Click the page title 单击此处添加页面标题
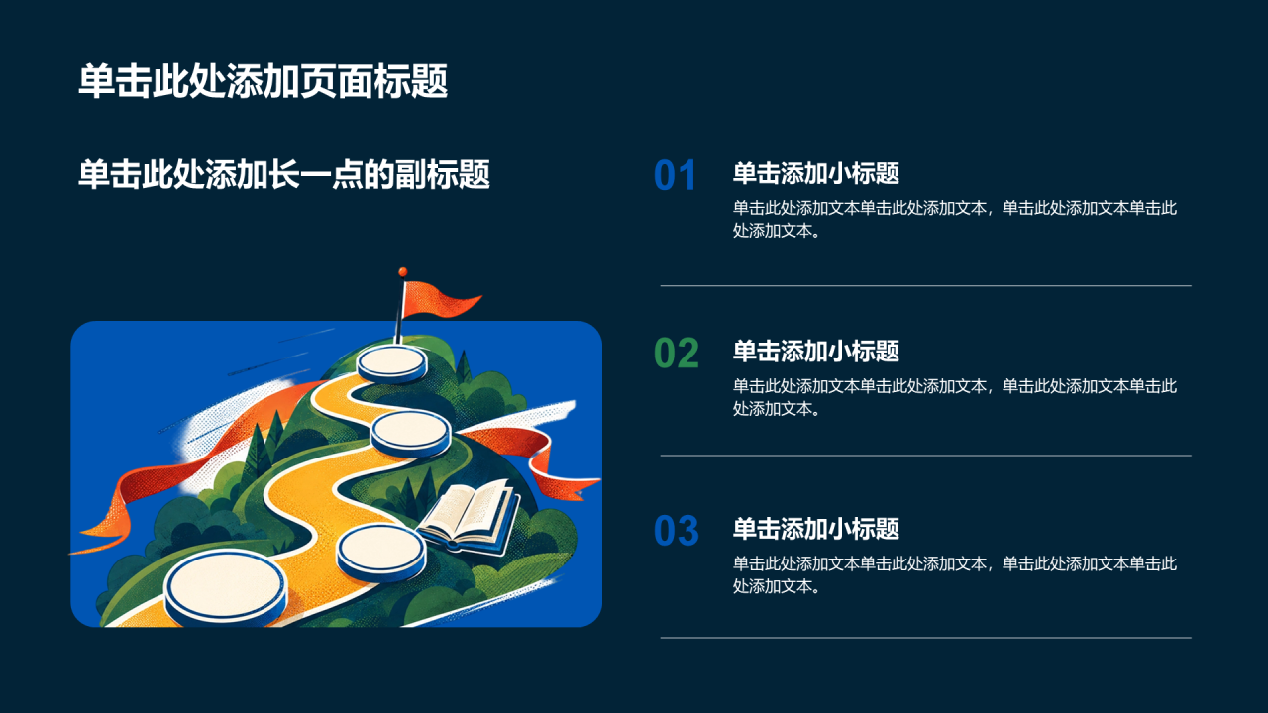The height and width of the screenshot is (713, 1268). coord(264,81)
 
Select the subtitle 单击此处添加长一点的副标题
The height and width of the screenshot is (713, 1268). coord(284,174)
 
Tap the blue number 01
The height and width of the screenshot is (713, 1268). coord(675,175)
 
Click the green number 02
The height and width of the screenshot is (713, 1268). coord(677,354)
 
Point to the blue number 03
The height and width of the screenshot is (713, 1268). coord(677,531)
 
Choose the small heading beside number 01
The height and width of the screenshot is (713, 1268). coord(815,173)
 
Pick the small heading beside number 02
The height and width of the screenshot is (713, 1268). coord(815,351)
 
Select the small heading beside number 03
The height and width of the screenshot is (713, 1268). coord(815,529)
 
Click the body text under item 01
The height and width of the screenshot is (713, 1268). coord(955,219)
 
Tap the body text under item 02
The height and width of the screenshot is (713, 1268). coord(955,397)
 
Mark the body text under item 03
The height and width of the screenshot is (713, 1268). coord(955,575)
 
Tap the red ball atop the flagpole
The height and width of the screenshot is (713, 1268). coord(402,272)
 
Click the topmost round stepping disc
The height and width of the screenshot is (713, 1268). coord(391,363)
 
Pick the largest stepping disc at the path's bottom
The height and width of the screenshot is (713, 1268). coord(225,587)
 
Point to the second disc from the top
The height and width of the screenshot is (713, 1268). coord(411,434)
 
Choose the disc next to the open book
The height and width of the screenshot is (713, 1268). coord(381,553)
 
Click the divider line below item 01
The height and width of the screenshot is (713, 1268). coord(925,286)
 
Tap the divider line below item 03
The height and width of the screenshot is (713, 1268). coord(925,638)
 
